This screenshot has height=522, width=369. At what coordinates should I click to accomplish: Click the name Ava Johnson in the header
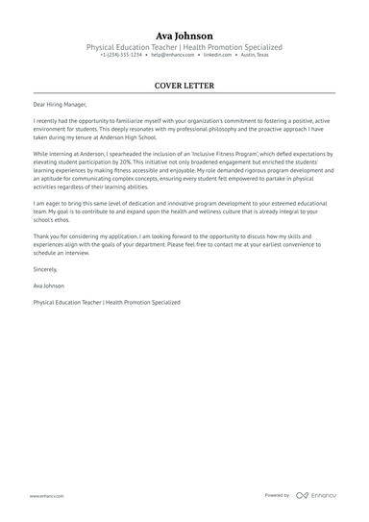[184, 34]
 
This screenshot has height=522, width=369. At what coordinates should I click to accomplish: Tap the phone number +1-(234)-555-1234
[121, 56]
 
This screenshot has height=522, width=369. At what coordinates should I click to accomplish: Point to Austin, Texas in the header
[255, 56]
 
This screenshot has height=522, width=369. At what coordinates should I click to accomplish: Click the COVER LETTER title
[184, 86]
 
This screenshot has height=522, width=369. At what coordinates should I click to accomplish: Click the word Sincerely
[46, 272]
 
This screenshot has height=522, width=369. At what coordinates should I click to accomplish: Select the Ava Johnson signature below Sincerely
[50, 286]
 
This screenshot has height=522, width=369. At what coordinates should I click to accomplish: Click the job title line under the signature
[106, 302]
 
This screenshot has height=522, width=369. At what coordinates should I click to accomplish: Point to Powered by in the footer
[277, 495]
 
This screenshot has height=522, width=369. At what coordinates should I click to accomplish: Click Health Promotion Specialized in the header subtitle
[236, 46]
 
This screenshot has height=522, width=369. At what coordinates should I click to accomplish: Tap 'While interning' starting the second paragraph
[53, 153]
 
